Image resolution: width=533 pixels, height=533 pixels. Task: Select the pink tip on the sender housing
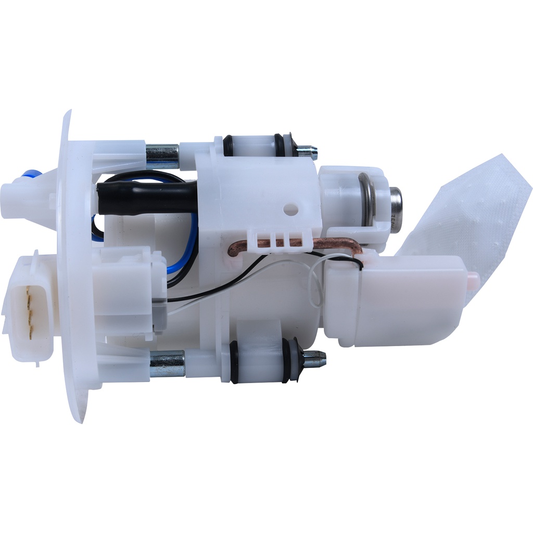[x=473, y=280]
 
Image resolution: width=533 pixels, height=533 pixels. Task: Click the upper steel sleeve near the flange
[x=162, y=154]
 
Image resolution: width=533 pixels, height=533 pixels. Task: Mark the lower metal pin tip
[x=314, y=358]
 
